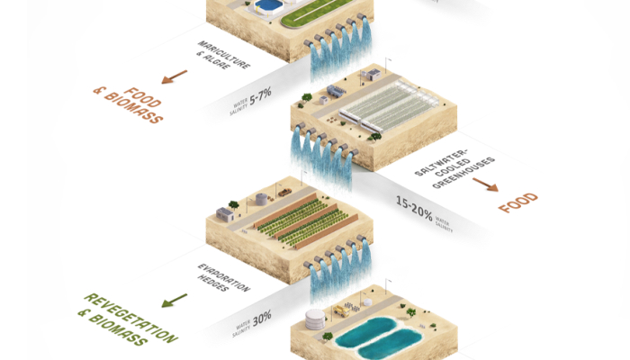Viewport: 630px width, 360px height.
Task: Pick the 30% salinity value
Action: pyautogui.click(x=262, y=319)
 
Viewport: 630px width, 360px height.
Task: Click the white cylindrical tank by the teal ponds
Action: pyautogui.click(x=314, y=319)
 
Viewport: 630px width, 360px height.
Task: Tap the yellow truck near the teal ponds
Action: pyautogui.click(x=341, y=310)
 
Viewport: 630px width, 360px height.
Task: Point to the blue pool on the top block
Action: pyautogui.click(x=267, y=5)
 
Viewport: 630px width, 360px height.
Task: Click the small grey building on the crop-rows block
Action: pyautogui.click(x=225, y=213)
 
